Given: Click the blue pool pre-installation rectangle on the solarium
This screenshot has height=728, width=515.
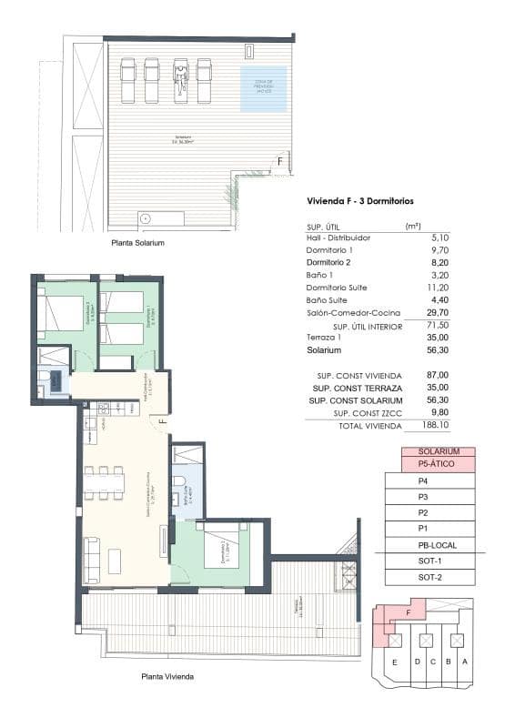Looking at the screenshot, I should pos(263,88).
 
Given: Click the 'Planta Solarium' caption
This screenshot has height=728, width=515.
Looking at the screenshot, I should pos(137,244).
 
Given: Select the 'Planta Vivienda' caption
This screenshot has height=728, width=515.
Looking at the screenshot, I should pos(167,677).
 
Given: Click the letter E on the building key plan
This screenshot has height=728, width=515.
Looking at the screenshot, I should pos(395,662).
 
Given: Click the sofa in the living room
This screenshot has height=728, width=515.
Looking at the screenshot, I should pos(92,555).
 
